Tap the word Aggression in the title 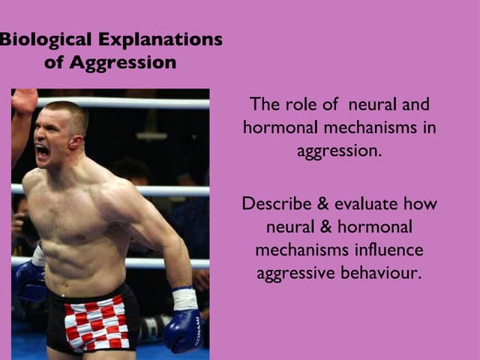122,62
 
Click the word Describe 274,203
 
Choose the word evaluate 362,203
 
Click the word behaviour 382,272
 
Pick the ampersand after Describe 316,203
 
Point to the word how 420,203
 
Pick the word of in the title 53,62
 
